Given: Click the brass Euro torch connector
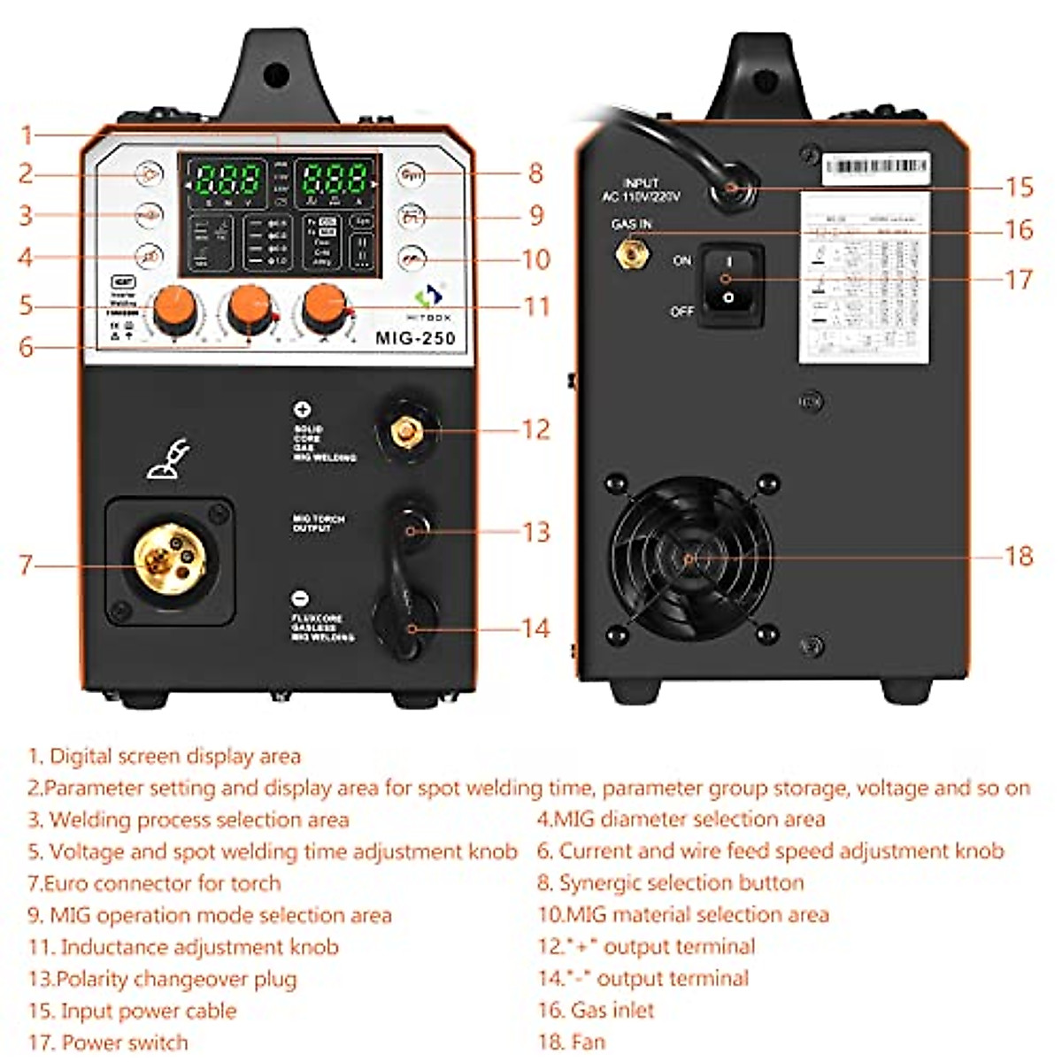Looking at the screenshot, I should [x=170, y=558].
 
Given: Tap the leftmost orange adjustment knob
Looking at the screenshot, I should [x=173, y=309].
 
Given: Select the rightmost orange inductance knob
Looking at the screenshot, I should [x=325, y=307].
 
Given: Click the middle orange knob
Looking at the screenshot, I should [x=250, y=309].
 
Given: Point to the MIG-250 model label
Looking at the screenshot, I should [x=415, y=337].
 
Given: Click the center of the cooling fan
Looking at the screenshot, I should [x=689, y=558].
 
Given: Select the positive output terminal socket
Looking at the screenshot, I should [x=406, y=431].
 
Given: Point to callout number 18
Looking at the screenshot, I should [x=1019, y=556].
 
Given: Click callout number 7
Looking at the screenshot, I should [x=27, y=565].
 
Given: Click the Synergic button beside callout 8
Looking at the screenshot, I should [x=411, y=174].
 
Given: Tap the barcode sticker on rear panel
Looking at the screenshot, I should [x=874, y=167].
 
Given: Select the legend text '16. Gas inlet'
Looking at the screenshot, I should [x=596, y=1010].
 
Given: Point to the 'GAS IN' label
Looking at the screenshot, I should [x=631, y=225].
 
